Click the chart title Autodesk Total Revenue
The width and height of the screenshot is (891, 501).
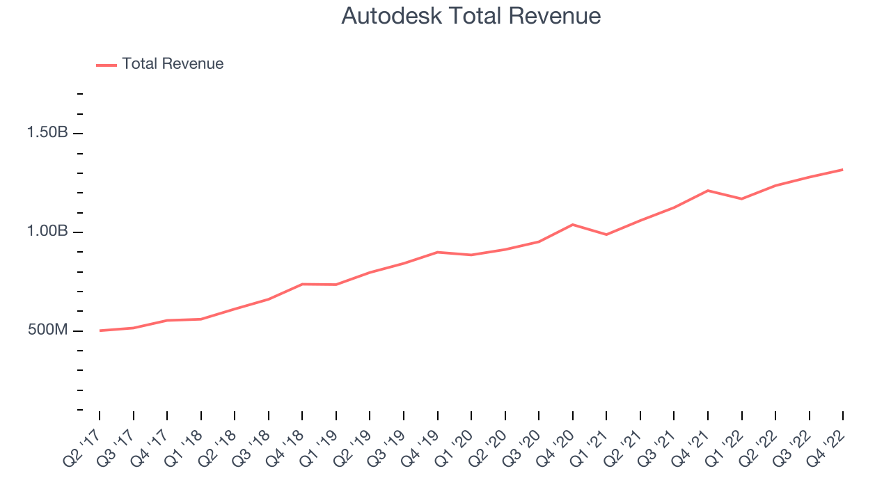click(x=471, y=16)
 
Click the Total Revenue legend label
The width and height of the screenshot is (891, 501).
click(x=173, y=64)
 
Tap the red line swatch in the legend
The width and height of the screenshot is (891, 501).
click(x=107, y=65)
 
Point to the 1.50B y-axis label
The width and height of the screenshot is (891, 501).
click(x=47, y=133)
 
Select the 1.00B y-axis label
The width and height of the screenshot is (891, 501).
click(x=47, y=232)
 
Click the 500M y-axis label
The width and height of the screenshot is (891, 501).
click(x=48, y=330)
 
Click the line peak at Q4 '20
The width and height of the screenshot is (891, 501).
click(x=572, y=225)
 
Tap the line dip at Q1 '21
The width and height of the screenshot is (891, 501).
click(x=606, y=234)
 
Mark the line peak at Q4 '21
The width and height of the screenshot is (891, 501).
click(x=708, y=191)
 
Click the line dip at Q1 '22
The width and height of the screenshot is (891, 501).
click(x=741, y=199)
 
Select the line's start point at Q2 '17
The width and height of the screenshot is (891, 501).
click(x=100, y=331)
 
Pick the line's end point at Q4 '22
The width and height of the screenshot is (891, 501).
click(x=842, y=170)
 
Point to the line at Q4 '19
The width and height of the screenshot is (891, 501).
click(x=437, y=252)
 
